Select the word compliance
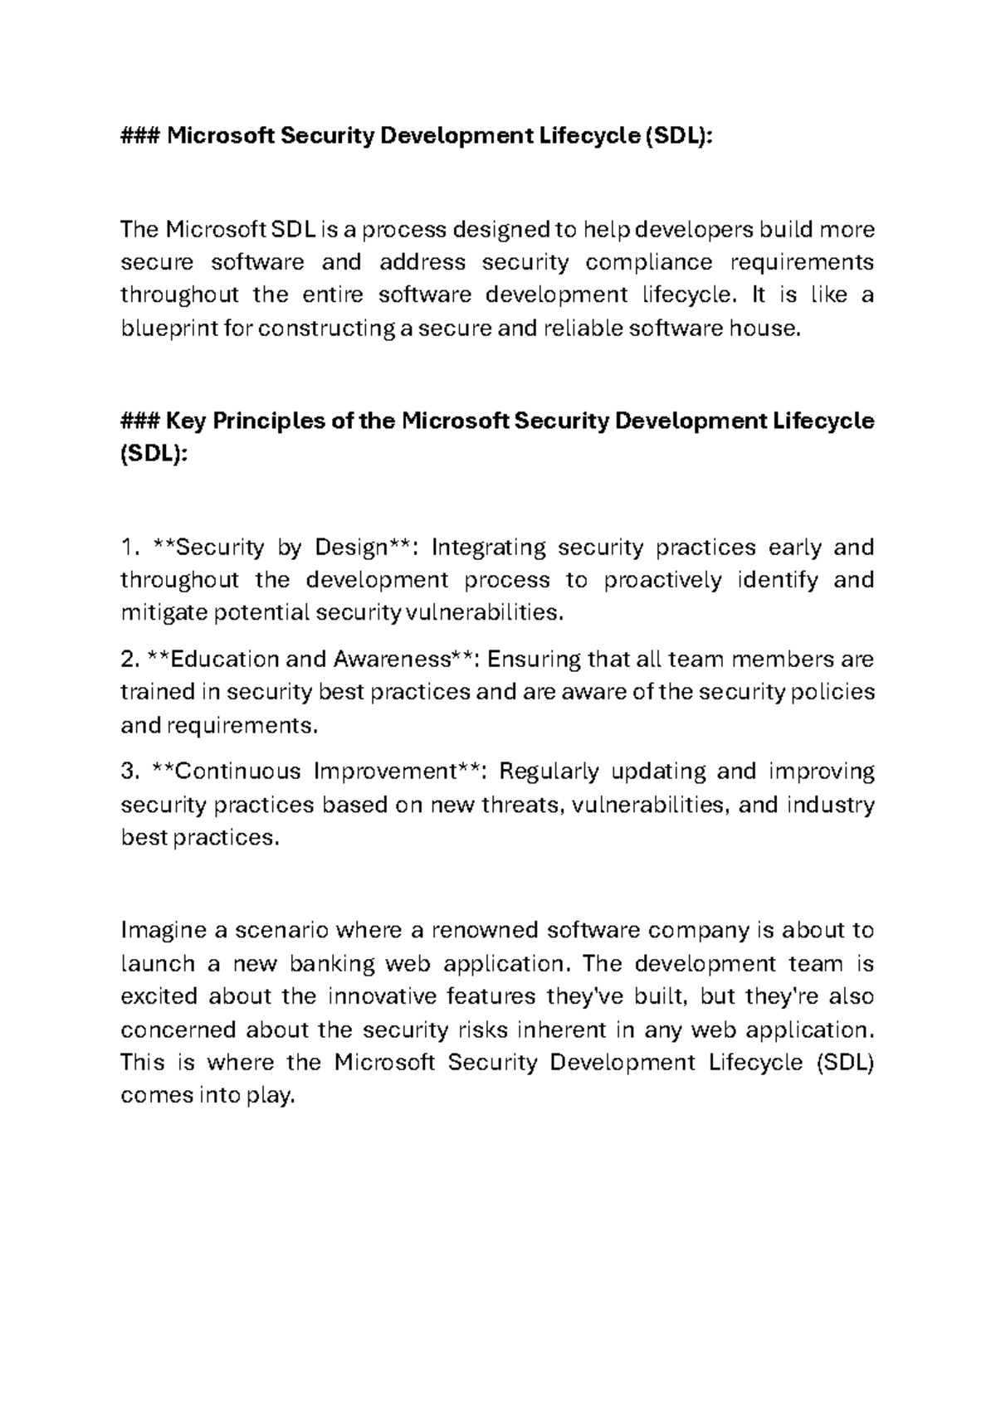[x=648, y=263]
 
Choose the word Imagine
[x=164, y=931]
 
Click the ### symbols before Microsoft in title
[x=140, y=136]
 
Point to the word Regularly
[x=548, y=772]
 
